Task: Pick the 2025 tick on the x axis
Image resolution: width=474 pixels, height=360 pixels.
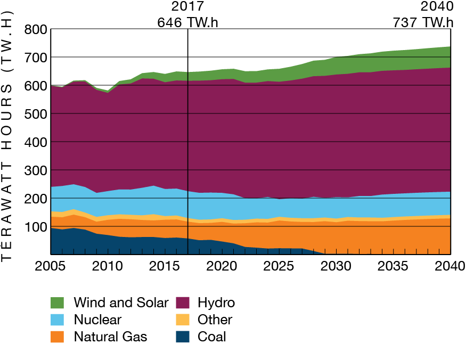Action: [278, 266]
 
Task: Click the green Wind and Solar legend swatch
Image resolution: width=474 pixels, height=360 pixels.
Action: [57, 302]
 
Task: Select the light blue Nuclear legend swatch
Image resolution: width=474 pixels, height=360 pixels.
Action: [57, 320]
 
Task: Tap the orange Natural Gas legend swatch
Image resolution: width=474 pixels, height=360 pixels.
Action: [57, 337]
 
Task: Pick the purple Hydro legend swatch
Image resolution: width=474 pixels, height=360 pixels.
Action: [181, 302]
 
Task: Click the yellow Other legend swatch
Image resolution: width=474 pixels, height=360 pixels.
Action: [181, 320]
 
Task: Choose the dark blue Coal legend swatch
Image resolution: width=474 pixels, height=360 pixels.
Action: [181, 337]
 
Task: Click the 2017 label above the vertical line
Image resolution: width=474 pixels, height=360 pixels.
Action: [187, 7]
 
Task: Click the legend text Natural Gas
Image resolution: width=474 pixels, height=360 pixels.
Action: [110, 337]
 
